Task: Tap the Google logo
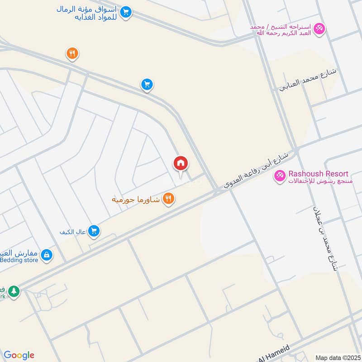pos(19,355)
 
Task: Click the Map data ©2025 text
pos(337,357)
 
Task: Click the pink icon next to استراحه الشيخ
pos(319,29)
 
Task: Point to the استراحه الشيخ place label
pos(281,29)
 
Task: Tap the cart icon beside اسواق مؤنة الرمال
pos(127,12)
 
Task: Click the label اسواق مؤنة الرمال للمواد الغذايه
pos(88,12)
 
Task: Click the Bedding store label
pos(18,260)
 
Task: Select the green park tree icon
pos(14,291)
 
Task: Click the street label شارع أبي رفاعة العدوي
pos(256,170)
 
